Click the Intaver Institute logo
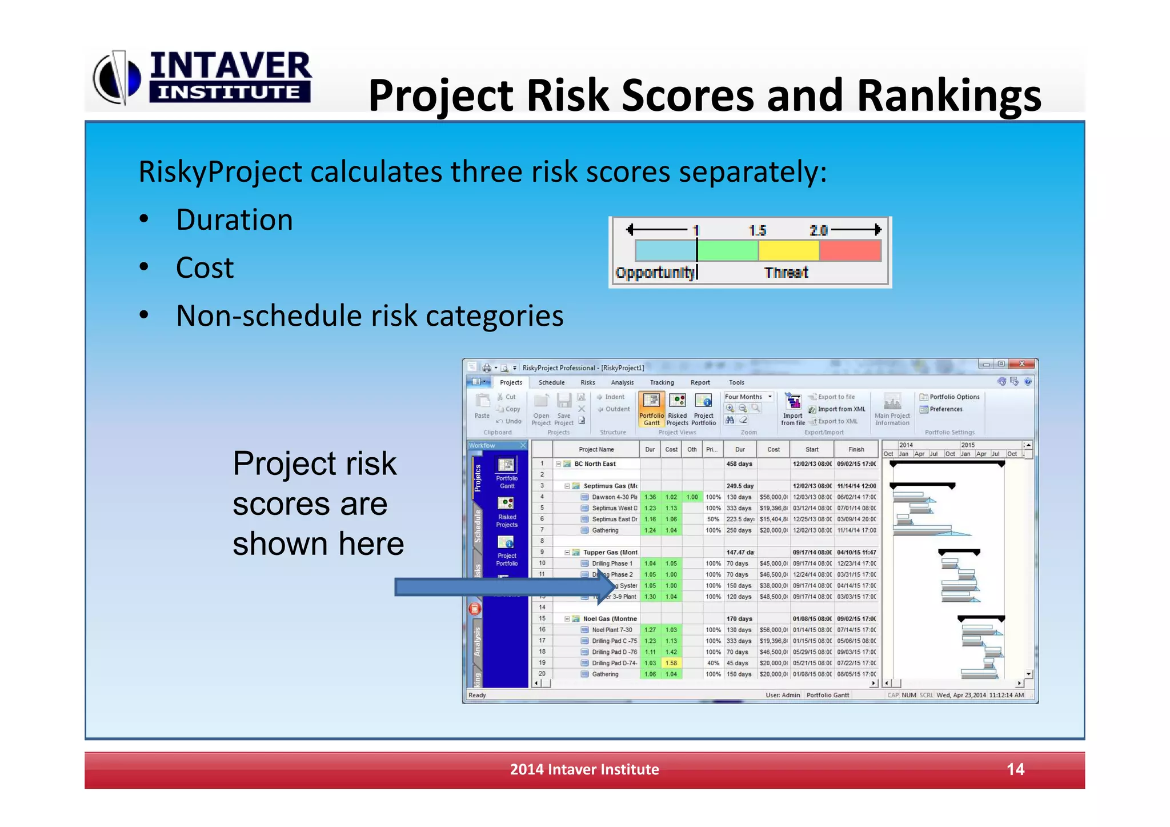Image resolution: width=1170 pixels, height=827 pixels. pyautogui.click(x=203, y=77)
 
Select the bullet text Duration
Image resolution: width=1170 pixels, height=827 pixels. pyautogui.click(x=234, y=220)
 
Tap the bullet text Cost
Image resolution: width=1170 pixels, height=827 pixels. pyautogui.click(x=205, y=268)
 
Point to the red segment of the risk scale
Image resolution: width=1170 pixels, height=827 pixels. pyautogui.click(x=850, y=251)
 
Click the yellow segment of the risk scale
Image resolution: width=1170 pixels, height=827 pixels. pyautogui.click(x=788, y=251)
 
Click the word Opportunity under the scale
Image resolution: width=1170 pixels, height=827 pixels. pyautogui.click(x=655, y=273)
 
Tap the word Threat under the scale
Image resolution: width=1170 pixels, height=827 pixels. pyautogui.click(x=786, y=273)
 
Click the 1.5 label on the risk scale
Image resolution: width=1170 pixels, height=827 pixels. pyautogui.click(x=758, y=230)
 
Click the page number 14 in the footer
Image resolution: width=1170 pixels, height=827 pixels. pyautogui.click(x=1015, y=769)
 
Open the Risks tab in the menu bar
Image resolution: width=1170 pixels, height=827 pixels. pyautogui.click(x=587, y=382)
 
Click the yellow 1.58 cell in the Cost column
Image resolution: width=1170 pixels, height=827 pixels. pyautogui.click(x=671, y=663)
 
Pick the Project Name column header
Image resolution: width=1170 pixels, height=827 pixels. pyautogui.click(x=596, y=449)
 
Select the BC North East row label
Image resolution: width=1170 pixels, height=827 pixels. pyautogui.click(x=595, y=464)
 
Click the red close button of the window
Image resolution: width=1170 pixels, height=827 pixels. pyautogui.click(x=1022, y=364)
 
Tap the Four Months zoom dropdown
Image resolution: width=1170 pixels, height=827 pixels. pyautogui.click(x=748, y=397)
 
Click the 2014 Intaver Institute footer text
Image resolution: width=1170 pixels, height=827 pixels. pyautogui.click(x=584, y=769)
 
